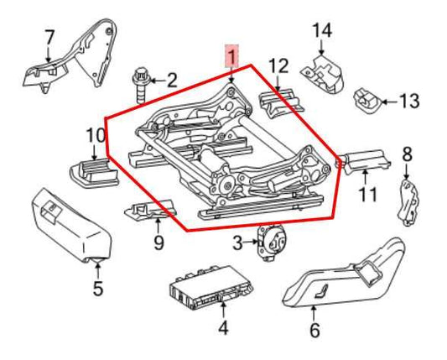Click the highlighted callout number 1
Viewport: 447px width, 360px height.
(231, 57)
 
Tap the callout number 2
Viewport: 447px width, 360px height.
(172, 81)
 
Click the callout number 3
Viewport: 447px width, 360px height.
(238, 243)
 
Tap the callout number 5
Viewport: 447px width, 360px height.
(98, 291)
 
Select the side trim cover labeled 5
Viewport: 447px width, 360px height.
(71, 227)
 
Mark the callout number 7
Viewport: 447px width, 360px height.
(49, 38)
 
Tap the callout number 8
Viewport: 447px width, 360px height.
(408, 154)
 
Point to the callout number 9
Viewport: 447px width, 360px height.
(158, 244)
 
